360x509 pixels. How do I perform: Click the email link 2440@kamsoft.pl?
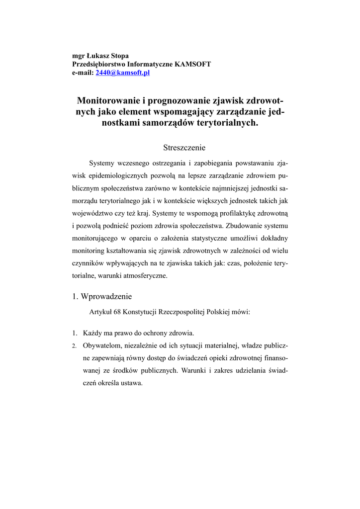(122, 73)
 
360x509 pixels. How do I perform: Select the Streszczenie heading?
(184, 148)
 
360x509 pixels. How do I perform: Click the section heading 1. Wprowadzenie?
(102, 297)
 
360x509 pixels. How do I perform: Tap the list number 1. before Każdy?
(74, 333)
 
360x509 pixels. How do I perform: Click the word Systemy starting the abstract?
(101, 163)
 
